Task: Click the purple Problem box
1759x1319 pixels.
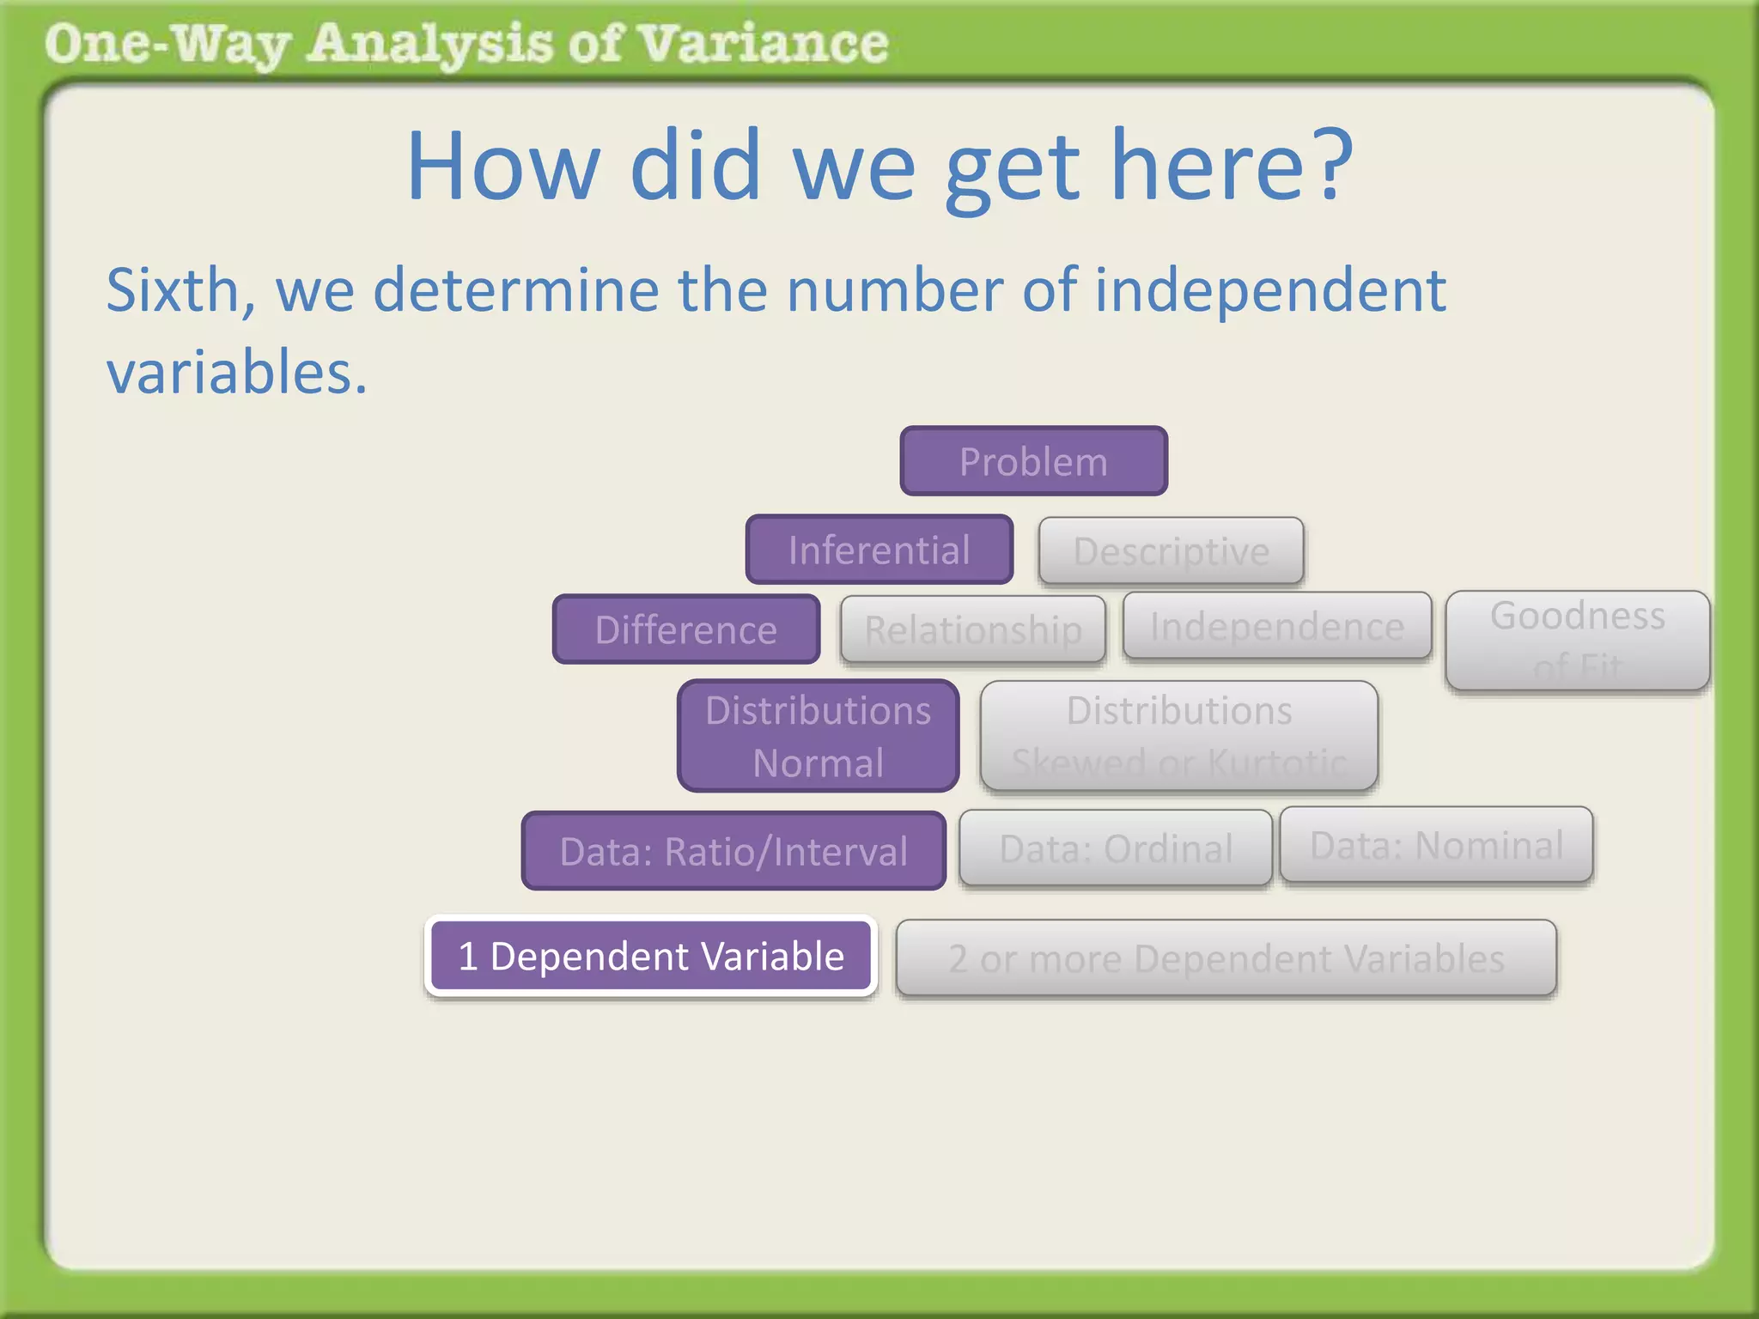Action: tap(1033, 461)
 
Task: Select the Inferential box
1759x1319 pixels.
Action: tap(879, 550)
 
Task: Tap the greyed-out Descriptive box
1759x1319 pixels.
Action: tap(1171, 550)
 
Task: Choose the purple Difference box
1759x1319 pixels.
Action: tap(685, 629)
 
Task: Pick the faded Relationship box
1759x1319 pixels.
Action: tap(972, 629)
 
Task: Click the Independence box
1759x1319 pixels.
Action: tap(1276, 626)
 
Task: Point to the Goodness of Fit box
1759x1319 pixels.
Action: tap(1577, 640)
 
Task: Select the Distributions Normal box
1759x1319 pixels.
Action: tap(818, 736)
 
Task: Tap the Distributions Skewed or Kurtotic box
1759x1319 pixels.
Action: tap(1178, 736)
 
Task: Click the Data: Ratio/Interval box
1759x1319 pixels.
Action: tap(733, 851)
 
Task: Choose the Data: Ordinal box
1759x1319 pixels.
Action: tap(1115, 848)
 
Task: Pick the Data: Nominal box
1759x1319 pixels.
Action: tap(1436, 845)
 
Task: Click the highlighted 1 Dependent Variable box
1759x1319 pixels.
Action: tap(651, 956)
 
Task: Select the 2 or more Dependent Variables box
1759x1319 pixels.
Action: tap(1226, 958)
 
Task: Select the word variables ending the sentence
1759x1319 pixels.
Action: tap(235, 373)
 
